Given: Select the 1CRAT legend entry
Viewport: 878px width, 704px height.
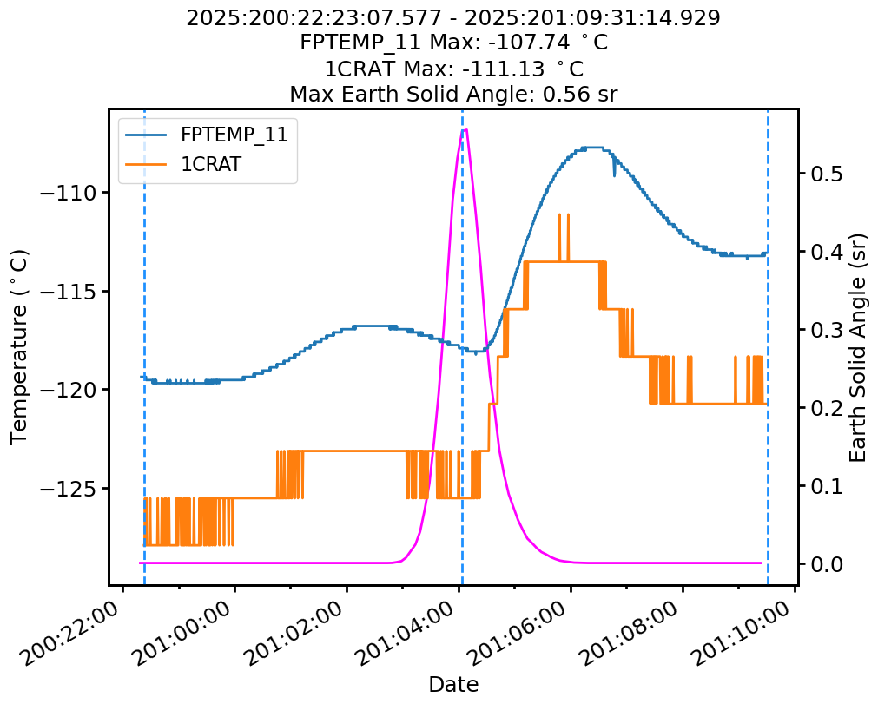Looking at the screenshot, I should [x=210, y=165].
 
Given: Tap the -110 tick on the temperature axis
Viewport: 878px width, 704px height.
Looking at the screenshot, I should [x=70, y=193].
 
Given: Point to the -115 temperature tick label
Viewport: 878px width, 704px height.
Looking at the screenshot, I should [x=70, y=291].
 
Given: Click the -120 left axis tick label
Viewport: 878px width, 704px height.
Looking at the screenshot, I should [x=70, y=389].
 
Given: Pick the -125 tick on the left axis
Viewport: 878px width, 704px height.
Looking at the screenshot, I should [x=70, y=488].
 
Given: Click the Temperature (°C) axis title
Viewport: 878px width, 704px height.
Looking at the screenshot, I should [x=20, y=346].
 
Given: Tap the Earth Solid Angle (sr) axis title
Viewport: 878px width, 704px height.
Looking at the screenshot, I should [x=858, y=346].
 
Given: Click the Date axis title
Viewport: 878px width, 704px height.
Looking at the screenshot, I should [x=453, y=684].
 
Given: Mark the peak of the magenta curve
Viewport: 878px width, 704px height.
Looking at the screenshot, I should [x=465, y=130].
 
